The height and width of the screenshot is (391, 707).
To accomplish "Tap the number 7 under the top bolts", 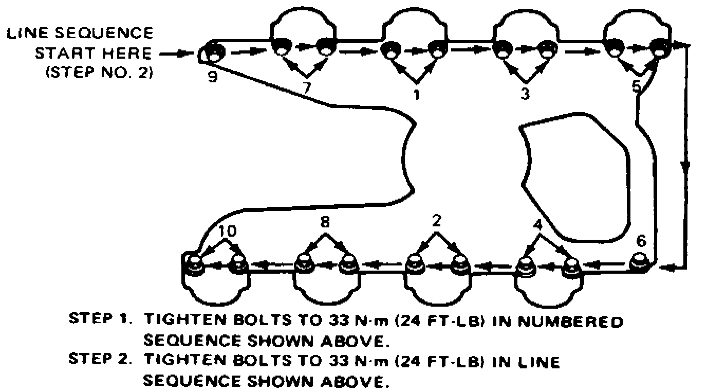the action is click(x=307, y=87).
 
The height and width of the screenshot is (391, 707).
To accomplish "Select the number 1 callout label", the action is click(x=417, y=94).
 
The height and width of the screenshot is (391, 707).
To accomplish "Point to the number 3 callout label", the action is click(x=525, y=95).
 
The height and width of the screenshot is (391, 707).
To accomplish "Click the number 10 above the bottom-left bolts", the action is click(x=227, y=231).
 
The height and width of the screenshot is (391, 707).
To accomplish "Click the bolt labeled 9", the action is click(x=212, y=51).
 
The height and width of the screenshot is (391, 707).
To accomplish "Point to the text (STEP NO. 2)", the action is click(x=99, y=73).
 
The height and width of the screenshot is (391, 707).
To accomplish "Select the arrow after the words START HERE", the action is click(x=175, y=53).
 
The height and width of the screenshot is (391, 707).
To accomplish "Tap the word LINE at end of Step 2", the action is click(x=535, y=362).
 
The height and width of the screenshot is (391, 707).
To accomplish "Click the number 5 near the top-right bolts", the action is click(x=636, y=86).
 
